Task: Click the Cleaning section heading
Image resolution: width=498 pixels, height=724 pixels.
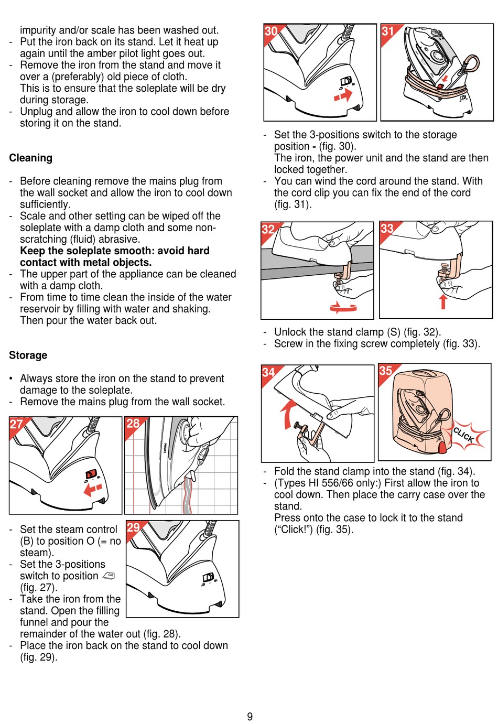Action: [x=30, y=158]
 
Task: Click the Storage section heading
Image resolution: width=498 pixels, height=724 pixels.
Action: [x=28, y=355]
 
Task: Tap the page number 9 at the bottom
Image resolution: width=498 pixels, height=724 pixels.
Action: [x=250, y=716]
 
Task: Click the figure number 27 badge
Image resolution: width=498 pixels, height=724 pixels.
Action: [x=16, y=424]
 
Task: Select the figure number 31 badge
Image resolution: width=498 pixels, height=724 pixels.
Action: [x=388, y=31]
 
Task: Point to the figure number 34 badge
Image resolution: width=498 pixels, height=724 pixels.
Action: [x=268, y=372]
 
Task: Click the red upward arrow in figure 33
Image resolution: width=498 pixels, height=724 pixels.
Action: [x=443, y=301]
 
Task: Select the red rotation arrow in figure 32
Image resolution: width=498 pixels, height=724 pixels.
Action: [x=343, y=308]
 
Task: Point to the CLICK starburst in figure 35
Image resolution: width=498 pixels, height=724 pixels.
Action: [x=464, y=435]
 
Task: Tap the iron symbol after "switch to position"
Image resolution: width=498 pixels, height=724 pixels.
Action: [x=109, y=576]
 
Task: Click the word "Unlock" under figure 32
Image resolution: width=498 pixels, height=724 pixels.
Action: [x=290, y=332]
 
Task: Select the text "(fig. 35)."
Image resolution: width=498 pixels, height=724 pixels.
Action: [x=334, y=529]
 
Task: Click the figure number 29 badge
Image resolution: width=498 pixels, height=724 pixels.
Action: [x=134, y=527]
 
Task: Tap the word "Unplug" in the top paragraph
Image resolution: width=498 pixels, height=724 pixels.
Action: [x=36, y=111]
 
